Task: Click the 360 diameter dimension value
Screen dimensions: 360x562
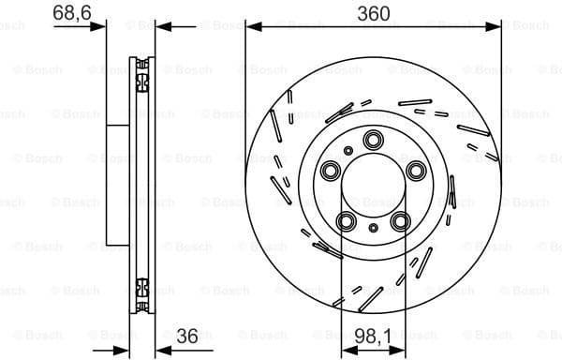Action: (x=373, y=12)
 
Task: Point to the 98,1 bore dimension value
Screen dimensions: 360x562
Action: (x=373, y=333)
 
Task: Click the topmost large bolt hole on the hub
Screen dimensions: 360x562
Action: (x=373, y=142)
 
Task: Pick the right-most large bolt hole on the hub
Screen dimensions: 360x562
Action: (x=415, y=172)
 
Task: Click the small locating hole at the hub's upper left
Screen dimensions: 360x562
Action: (x=348, y=150)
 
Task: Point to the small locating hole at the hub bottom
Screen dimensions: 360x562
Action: (x=373, y=228)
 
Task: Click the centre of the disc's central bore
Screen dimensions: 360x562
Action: (x=373, y=186)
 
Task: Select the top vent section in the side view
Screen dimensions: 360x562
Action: (x=143, y=75)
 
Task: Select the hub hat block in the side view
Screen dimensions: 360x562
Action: (x=116, y=185)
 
